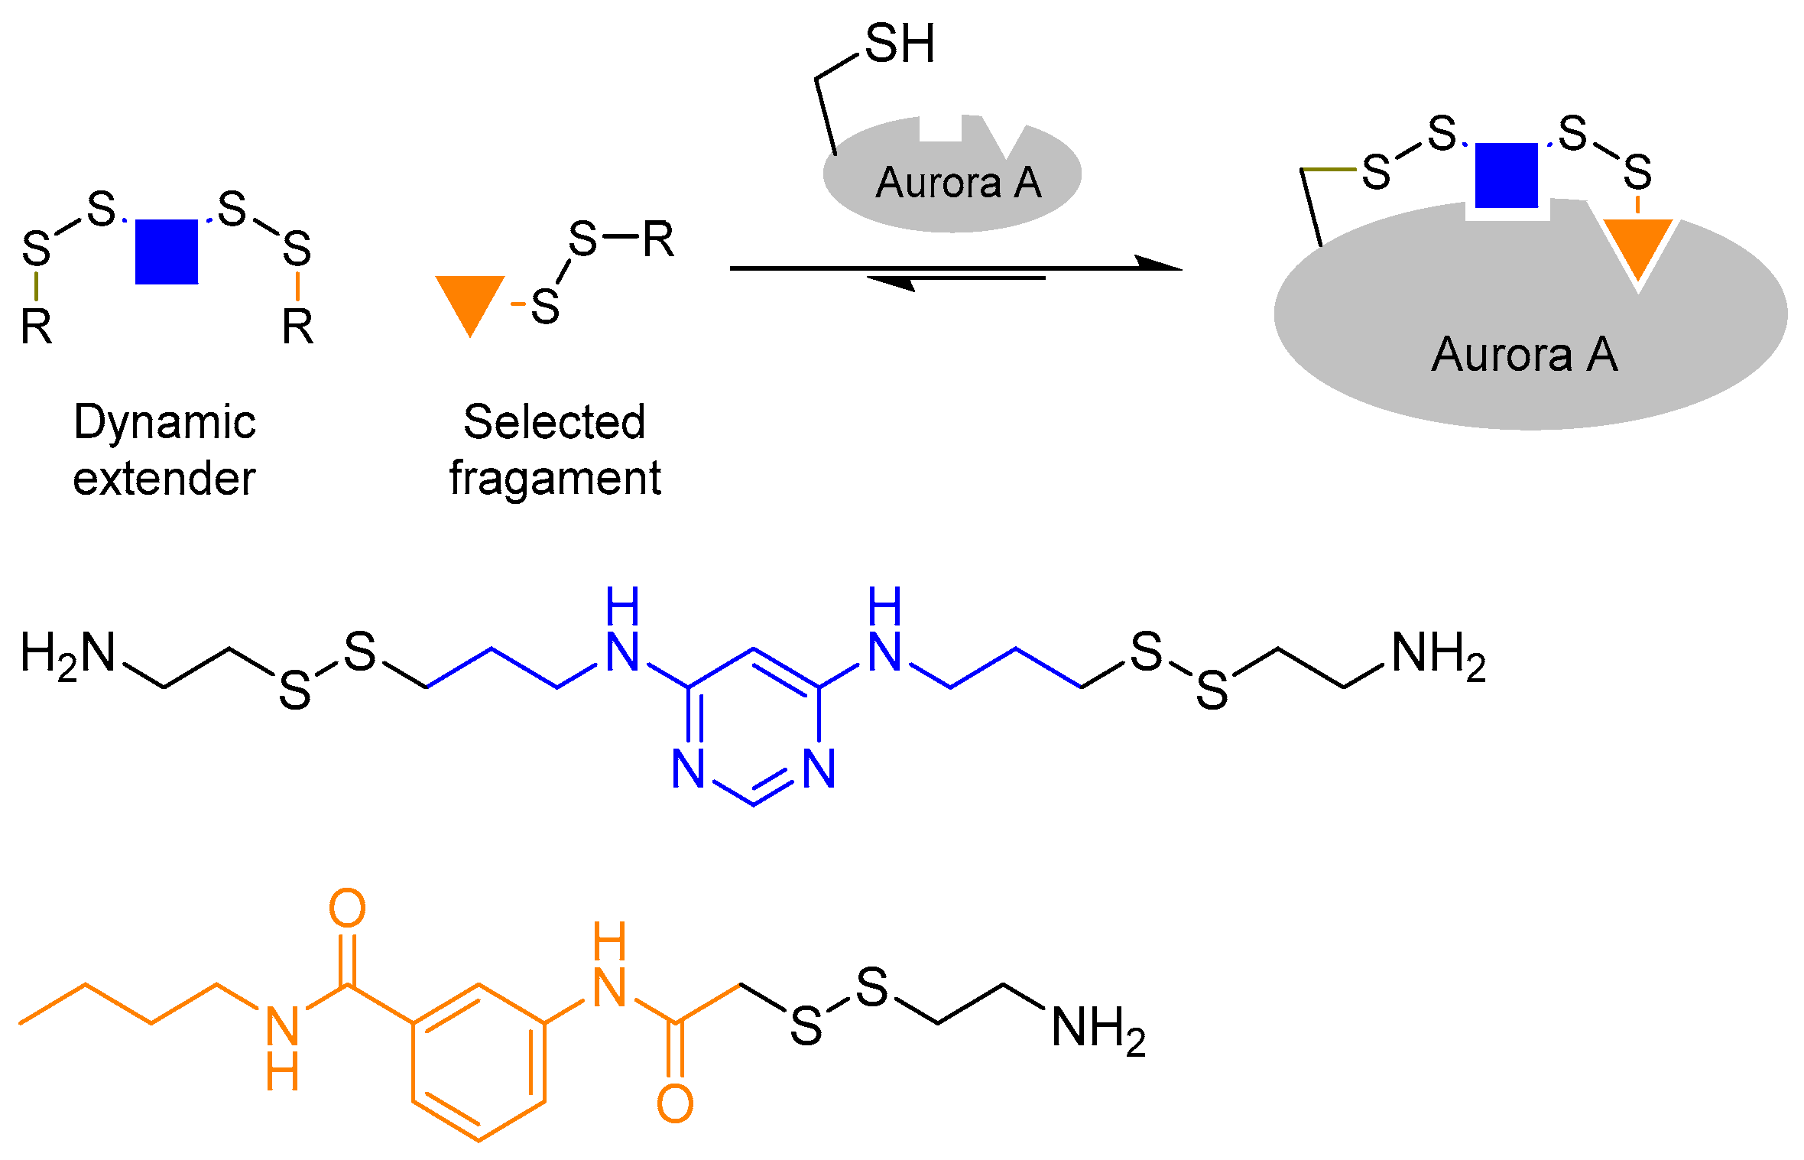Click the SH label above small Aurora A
[900, 44]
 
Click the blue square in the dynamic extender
[167, 252]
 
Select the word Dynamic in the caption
[164, 423]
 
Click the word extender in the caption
[164, 479]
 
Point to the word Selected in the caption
[554, 422]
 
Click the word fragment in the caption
[555, 479]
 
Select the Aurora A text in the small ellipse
[959, 183]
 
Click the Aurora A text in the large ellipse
[1524, 355]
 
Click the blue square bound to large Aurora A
[1506, 175]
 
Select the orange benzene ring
[479, 1062]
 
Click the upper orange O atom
[347, 908]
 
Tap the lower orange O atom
[675, 1103]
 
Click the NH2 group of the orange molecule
[1098, 1028]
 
